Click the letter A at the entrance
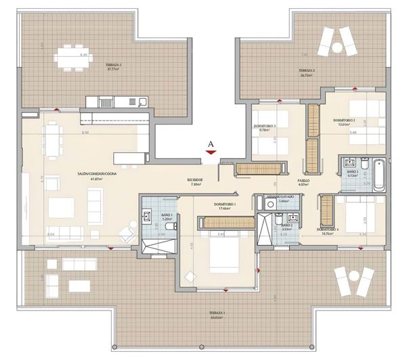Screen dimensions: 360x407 pos(212,143)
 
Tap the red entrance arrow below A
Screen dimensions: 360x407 pos(212,153)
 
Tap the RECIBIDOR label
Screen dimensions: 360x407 pos(197,179)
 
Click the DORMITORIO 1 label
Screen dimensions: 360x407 pos(223,204)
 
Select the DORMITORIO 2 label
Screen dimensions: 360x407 pos(344,120)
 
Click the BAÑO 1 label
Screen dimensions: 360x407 pos(167,215)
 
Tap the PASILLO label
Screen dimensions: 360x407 pos(304,181)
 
